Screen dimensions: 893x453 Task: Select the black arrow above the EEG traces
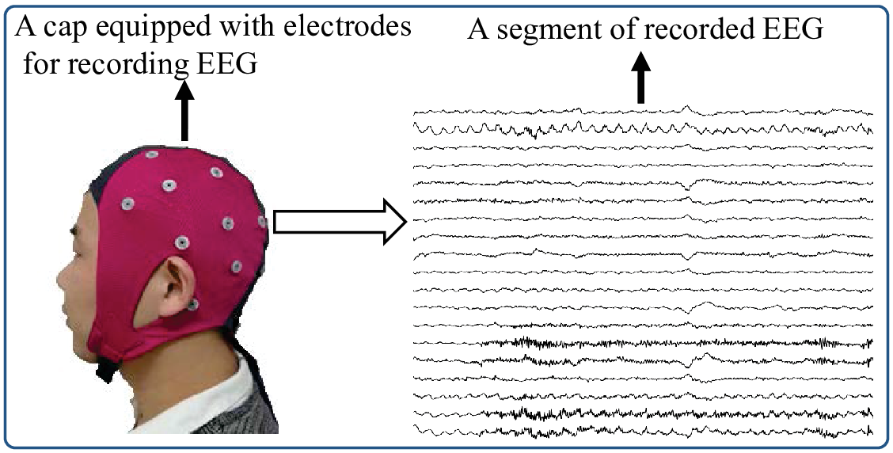[x=641, y=78]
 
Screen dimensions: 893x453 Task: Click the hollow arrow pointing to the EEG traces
[x=340, y=222]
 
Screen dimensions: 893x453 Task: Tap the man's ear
[x=174, y=287]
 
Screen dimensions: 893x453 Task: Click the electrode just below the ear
[x=192, y=304]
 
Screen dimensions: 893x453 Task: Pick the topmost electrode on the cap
[x=151, y=154]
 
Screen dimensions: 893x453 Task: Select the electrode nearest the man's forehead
[x=127, y=204]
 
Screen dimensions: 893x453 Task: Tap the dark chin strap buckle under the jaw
[x=107, y=367]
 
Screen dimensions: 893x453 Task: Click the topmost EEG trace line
[x=643, y=111]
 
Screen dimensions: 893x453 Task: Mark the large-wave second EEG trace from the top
[x=643, y=129]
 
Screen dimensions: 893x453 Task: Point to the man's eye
[x=74, y=232]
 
